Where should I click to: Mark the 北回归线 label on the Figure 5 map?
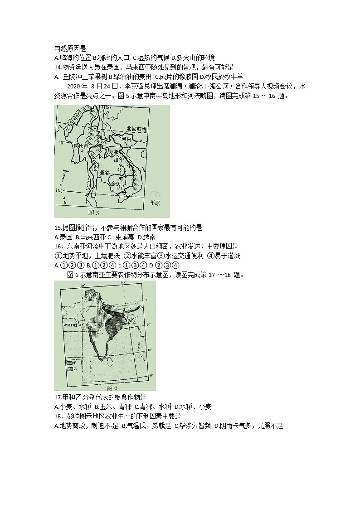tap(137, 130)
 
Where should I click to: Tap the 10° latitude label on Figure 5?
tap(59, 190)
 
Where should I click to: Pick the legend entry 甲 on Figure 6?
tap(70, 363)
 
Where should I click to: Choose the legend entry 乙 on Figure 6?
tap(70, 369)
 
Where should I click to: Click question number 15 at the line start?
tap(57, 228)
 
